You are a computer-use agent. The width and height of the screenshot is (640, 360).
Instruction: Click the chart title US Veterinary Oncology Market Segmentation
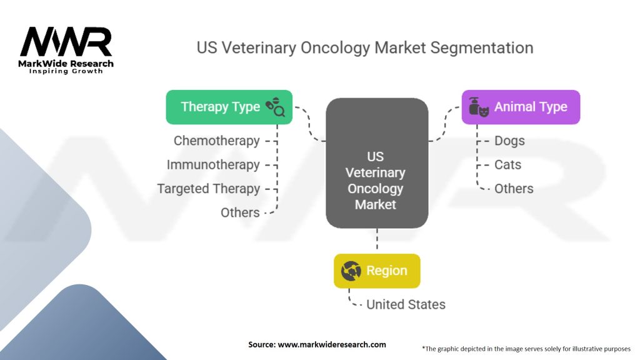click(x=365, y=48)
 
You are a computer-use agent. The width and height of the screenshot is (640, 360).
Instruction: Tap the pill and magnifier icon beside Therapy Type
click(x=275, y=107)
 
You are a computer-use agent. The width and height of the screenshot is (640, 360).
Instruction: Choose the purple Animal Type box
click(x=521, y=107)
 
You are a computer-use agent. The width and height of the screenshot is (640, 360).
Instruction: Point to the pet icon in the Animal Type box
click(x=479, y=107)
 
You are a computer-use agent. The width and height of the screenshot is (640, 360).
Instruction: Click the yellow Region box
click(x=377, y=271)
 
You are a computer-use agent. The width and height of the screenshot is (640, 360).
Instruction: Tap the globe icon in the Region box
click(x=351, y=271)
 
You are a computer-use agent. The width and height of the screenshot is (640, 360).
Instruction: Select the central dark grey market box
click(x=376, y=162)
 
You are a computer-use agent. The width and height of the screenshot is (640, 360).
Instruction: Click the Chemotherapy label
click(x=216, y=141)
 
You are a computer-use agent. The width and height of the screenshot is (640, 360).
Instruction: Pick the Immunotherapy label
click(x=213, y=164)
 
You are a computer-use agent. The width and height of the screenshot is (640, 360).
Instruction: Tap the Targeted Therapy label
click(x=208, y=188)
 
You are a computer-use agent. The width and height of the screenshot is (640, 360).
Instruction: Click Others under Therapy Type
click(x=240, y=212)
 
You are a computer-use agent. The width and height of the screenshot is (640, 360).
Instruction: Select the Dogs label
click(x=509, y=141)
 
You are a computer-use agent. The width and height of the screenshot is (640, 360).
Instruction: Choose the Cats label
click(x=507, y=164)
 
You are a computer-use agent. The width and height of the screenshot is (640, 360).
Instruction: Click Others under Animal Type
click(x=514, y=188)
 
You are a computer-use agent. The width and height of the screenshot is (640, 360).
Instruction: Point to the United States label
click(x=406, y=304)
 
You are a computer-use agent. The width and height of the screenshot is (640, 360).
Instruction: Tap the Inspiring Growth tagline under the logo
click(x=66, y=71)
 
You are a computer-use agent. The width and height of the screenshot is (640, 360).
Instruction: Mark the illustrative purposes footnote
click(x=526, y=348)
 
